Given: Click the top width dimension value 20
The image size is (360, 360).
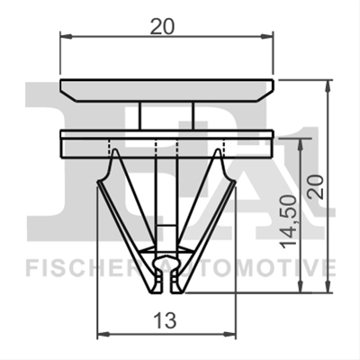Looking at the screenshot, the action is click(x=162, y=28).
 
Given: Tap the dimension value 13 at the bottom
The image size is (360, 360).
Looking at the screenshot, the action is click(x=165, y=320).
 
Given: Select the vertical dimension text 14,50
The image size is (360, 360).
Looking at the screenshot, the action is click(x=289, y=222).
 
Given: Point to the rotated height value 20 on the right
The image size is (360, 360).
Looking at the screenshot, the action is click(x=316, y=186).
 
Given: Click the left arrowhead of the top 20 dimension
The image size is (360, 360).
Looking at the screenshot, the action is click(x=66, y=37).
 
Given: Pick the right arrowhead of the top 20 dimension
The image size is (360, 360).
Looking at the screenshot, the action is click(x=267, y=37).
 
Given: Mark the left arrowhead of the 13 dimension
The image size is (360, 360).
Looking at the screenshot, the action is click(x=103, y=333).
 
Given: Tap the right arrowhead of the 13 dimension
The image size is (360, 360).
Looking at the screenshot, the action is click(x=230, y=333).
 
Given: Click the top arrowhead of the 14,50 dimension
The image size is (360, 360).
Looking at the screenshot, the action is click(x=301, y=145).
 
